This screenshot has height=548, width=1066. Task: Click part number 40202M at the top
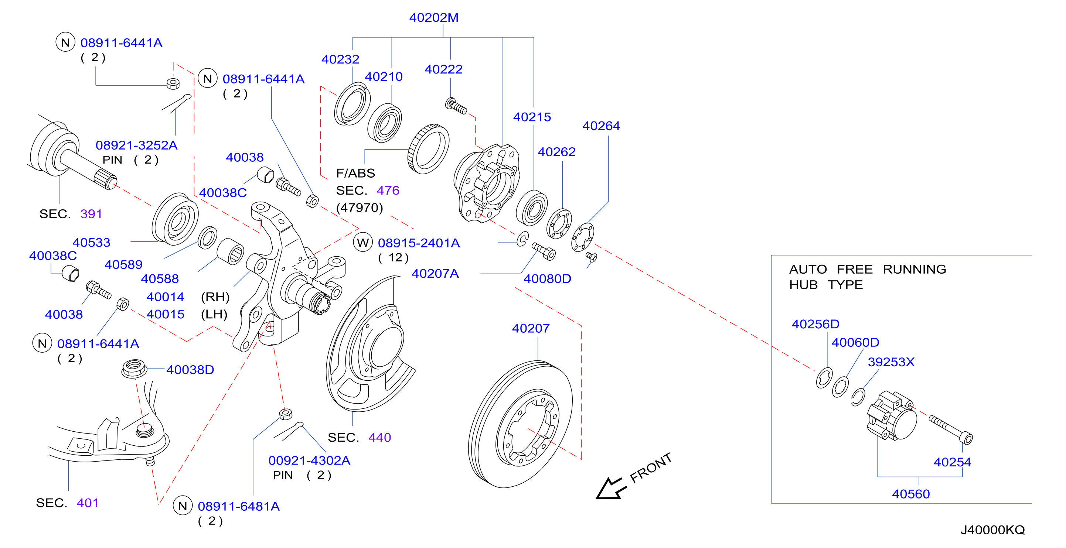click(x=434, y=18)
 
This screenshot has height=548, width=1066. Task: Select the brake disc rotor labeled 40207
click(x=520, y=424)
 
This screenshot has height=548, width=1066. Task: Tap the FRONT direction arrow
click(x=611, y=488)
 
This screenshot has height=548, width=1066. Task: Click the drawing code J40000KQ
click(x=992, y=530)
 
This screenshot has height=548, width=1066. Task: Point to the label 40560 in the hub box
click(x=910, y=494)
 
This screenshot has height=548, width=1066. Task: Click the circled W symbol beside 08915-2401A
click(x=363, y=242)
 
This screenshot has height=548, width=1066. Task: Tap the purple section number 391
click(x=91, y=214)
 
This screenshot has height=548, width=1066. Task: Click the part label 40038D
click(x=190, y=370)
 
